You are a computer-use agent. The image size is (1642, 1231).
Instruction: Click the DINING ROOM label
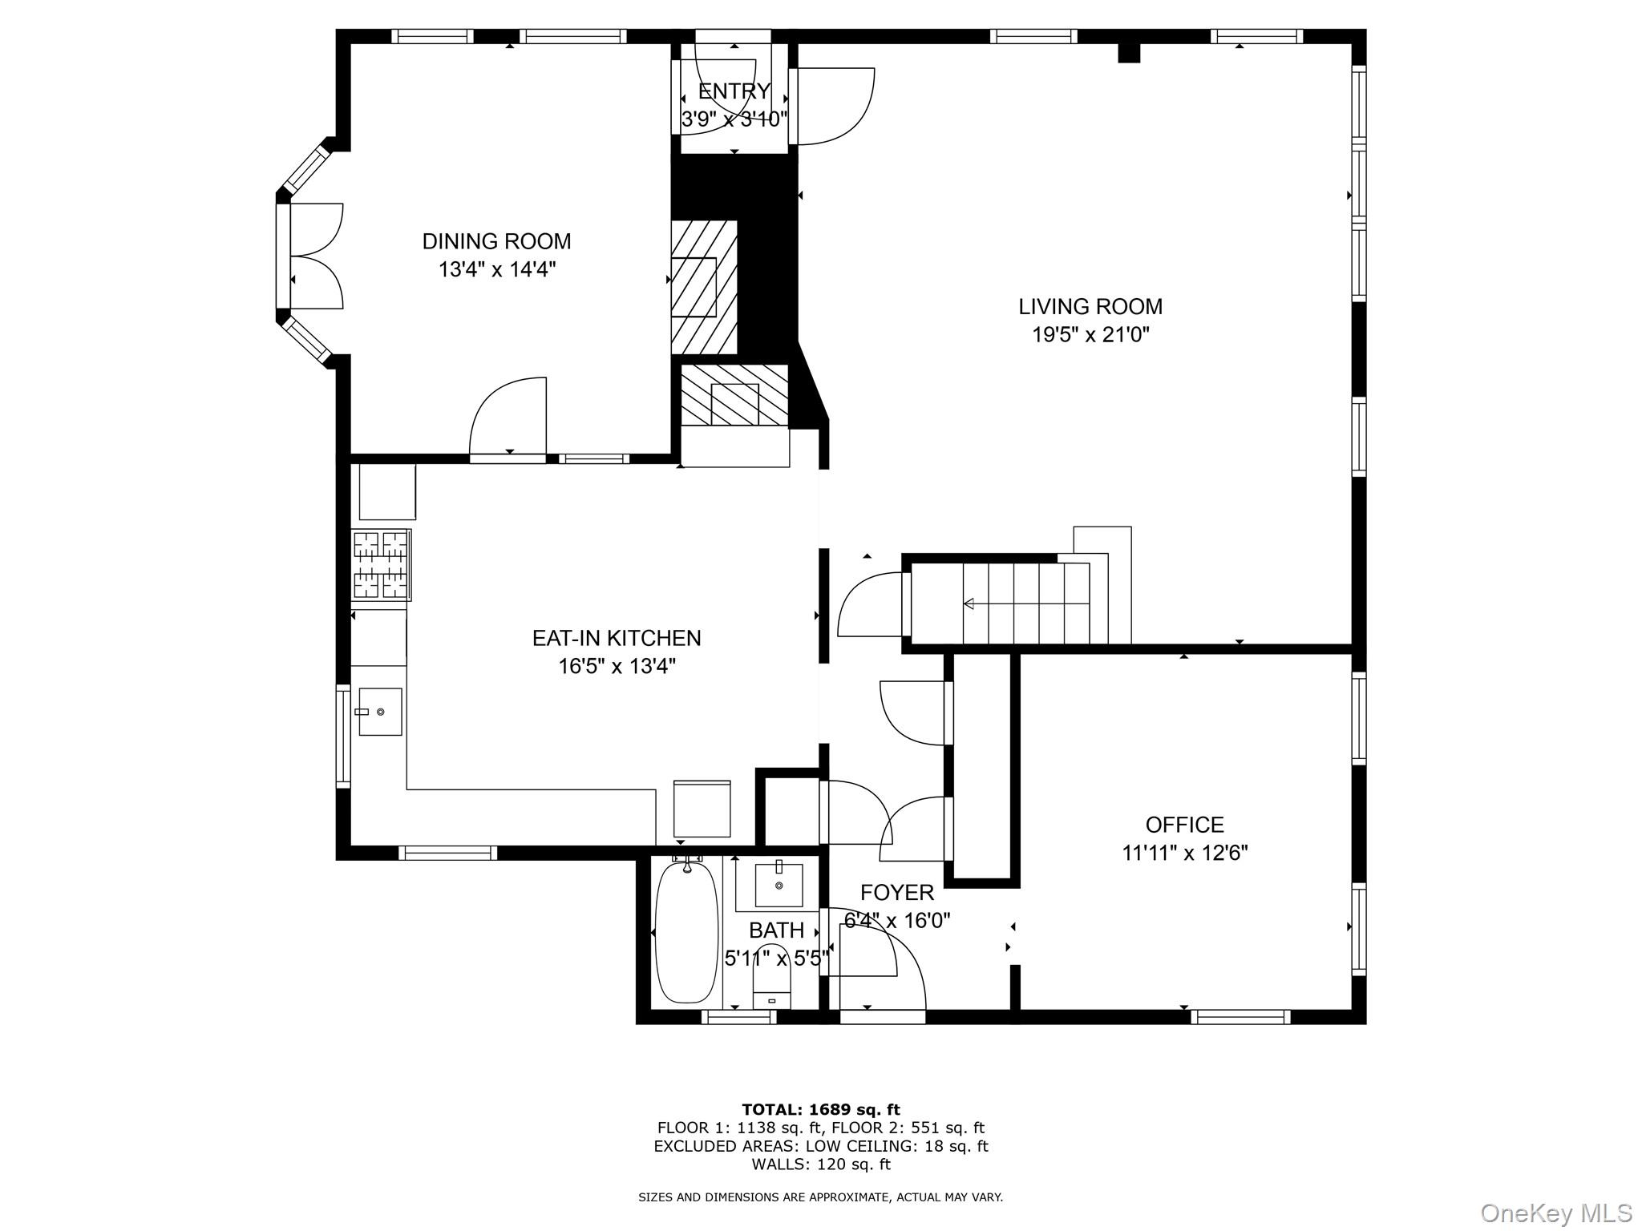496,241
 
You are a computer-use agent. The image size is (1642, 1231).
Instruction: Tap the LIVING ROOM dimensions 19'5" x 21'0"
1090,334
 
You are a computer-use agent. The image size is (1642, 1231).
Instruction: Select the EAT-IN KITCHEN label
616,638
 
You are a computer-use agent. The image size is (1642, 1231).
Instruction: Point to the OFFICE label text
1184,825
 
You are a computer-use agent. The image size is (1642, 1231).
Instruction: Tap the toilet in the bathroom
771,987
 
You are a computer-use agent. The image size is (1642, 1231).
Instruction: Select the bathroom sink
779,884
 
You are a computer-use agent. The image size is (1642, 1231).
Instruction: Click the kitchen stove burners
381,565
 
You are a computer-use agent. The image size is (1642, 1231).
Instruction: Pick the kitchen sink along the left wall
379,711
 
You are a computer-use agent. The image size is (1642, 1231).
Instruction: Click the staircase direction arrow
969,603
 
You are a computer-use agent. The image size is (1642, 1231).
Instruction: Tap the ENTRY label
734,91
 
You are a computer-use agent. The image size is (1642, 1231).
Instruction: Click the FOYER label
896,893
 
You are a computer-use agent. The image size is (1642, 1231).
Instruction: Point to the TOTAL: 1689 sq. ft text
820,1109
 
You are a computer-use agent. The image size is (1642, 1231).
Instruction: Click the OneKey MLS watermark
1555,1213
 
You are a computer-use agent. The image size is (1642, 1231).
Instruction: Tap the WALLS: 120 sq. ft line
820,1164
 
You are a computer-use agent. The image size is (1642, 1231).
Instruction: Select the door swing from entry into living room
834,107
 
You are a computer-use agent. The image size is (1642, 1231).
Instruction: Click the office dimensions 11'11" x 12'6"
1184,853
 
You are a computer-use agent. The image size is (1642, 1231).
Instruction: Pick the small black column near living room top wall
1129,53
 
